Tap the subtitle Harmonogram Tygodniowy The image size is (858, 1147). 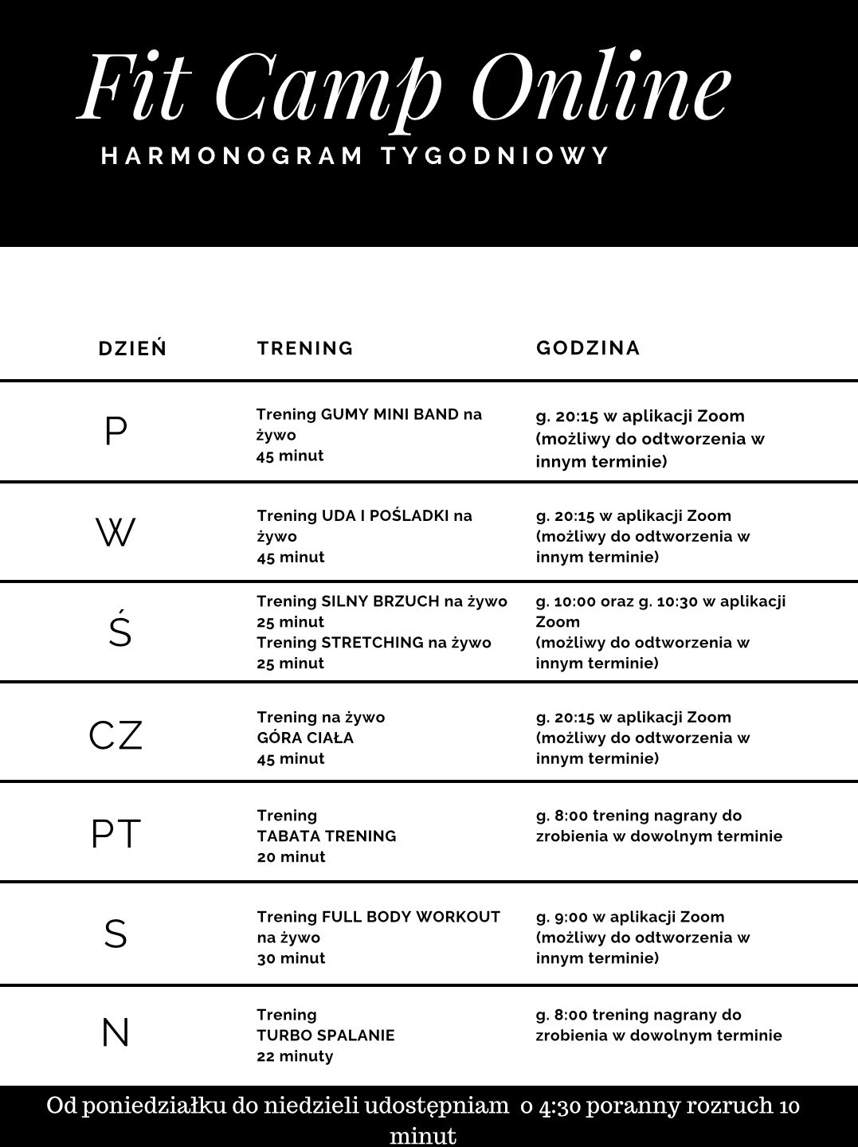355,155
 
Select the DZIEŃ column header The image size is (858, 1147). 133,348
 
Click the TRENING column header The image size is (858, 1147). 305,348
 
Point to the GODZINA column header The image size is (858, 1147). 588,348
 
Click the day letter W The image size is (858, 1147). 116,532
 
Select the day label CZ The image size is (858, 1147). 116,734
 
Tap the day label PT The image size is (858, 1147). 116,834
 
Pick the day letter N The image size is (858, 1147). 116,1034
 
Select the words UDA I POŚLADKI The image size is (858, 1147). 386,515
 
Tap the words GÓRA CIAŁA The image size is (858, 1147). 305,738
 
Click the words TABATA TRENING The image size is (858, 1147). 327,836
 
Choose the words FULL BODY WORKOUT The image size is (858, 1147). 411,917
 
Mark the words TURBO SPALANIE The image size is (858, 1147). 326,1035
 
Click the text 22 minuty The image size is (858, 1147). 295,1056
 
